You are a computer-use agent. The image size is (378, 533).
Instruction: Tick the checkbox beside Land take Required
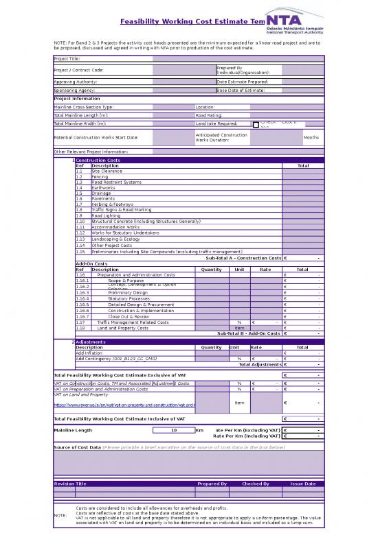256,124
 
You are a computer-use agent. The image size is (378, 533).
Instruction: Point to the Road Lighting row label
107,215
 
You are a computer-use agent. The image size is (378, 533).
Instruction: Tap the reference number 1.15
80,252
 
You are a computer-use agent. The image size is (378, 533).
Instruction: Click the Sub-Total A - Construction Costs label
243,258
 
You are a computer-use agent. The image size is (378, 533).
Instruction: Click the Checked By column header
256,484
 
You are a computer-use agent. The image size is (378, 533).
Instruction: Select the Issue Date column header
302,484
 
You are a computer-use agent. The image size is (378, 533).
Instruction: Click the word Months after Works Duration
311,137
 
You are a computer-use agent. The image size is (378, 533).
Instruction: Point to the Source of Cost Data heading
77,447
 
